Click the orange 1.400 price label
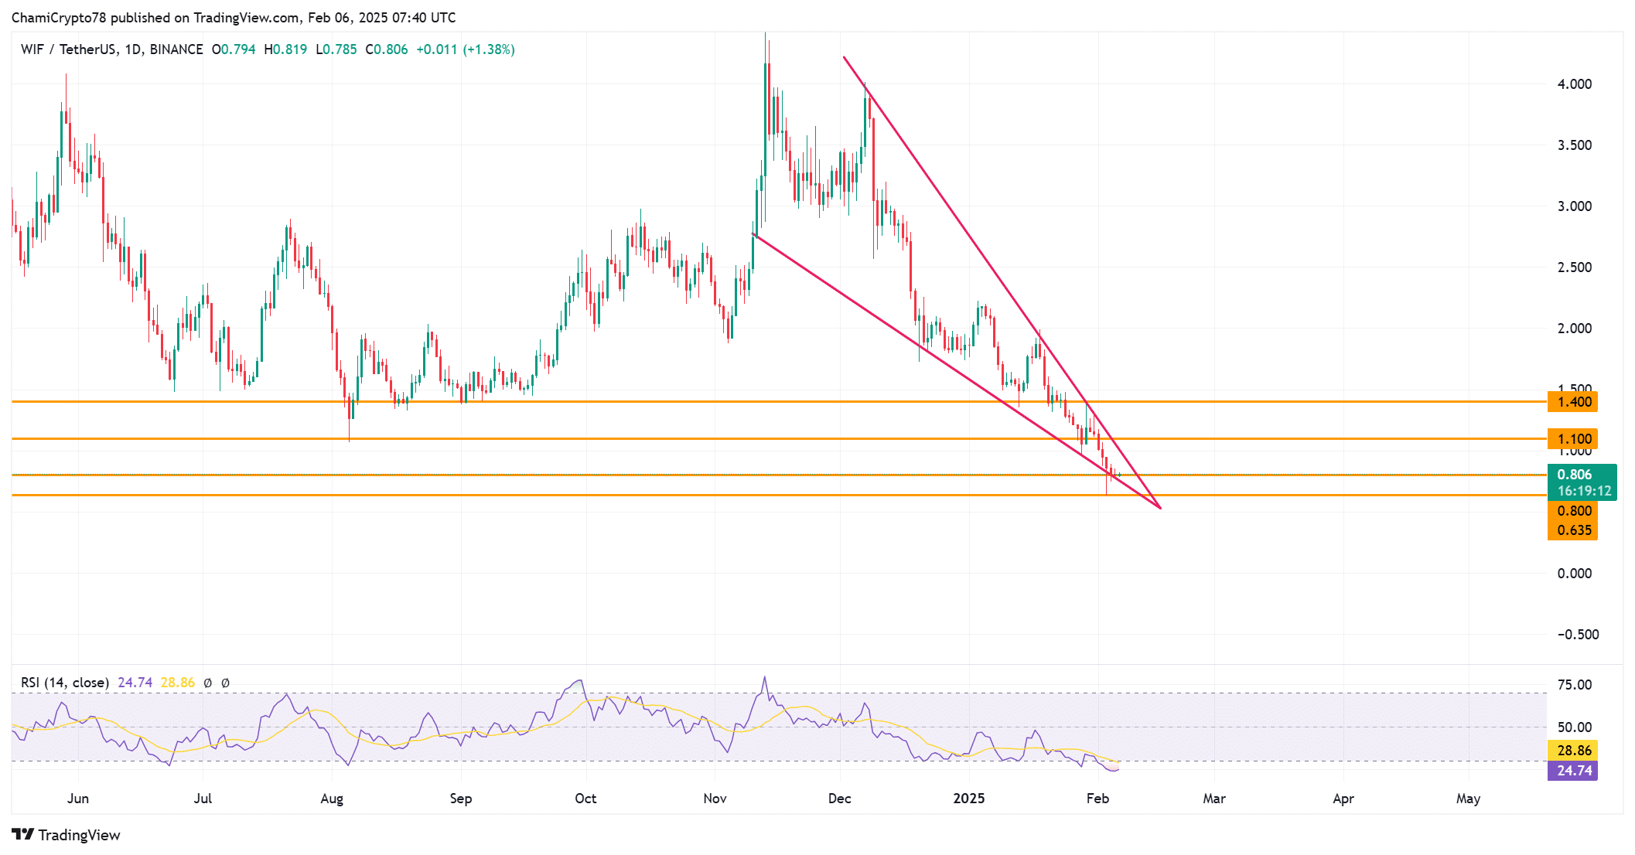pos(1573,402)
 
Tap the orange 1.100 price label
pos(1573,439)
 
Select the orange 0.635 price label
pos(1573,530)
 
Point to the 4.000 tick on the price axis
pos(1574,84)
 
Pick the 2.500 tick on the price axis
pos(1574,267)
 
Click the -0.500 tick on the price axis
pos(1577,635)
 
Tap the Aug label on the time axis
pos(331,799)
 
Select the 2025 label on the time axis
pos(968,799)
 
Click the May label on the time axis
pos(1467,799)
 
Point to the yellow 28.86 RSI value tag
pos(1573,751)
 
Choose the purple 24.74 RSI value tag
pos(1573,771)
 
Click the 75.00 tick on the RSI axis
pos(1574,685)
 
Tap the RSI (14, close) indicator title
pos(65,683)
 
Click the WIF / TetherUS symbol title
pos(67,49)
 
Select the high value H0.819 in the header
pos(285,49)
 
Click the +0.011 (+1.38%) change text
pos(465,49)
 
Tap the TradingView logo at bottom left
pos(67,835)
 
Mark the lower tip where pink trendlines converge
pos(1160,508)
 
